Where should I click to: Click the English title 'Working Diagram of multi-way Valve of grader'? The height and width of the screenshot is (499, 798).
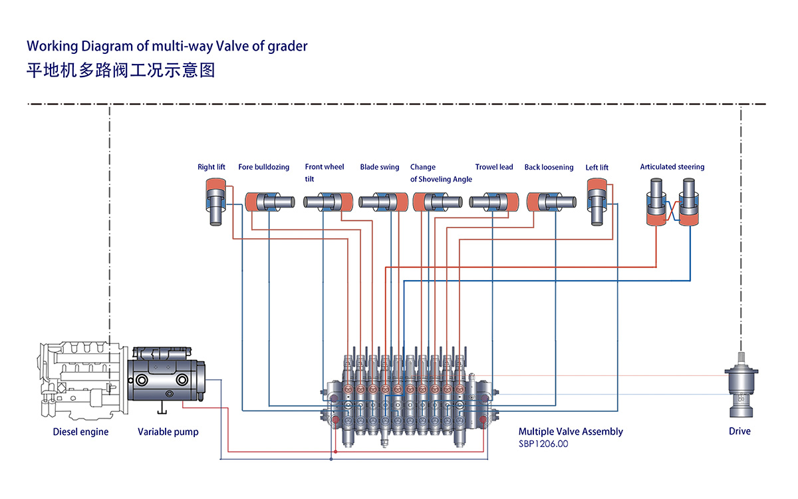pyautogui.click(x=167, y=46)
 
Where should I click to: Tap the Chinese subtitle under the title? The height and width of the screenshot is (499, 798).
pyautogui.click(x=120, y=70)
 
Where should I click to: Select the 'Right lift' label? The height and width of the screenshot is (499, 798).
pyautogui.click(x=211, y=167)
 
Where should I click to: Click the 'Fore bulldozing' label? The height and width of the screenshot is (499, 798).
pyautogui.click(x=264, y=167)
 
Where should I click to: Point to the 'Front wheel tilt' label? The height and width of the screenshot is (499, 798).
pyautogui.click(x=325, y=173)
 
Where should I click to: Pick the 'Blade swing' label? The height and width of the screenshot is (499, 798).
pyautogui.click(x=380, y=167)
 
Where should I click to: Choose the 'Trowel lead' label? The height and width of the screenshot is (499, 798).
pyautogui.click(x=494, y=167)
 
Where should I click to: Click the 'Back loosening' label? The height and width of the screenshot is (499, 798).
pyautogui.click(x=549, y=167)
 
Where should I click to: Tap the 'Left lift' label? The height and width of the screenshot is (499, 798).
pyautogui.click(x=597, y=168)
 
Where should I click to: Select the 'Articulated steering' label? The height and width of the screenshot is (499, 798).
pyautogui.click(x=672, y=167)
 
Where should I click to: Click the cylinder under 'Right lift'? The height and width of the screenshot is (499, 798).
pyautogui.click(x=215, y=201)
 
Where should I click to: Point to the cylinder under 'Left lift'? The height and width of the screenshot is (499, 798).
pyautogui.click(x=597, y=202)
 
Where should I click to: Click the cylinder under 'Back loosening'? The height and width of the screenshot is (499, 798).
pyautogui.click(x=551, y=202)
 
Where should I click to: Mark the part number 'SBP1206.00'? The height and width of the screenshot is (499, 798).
pyautogui.click(x=543, y=444)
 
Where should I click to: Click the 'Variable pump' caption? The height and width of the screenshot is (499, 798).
pyautogui.click(x=168, y=432)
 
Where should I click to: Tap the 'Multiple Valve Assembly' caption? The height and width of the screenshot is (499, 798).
pyautogui.click(x=571, y=432)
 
